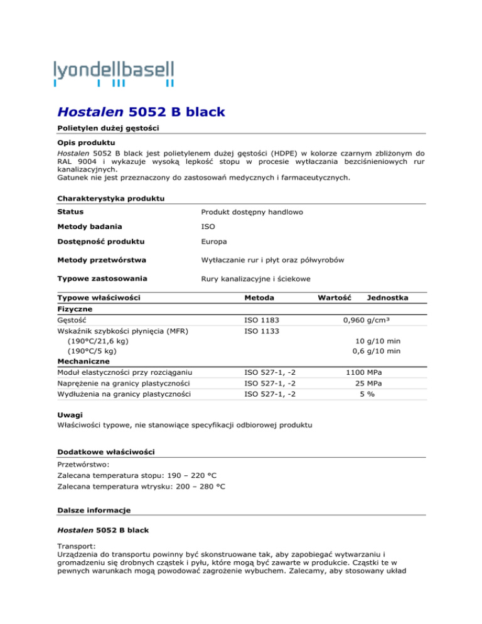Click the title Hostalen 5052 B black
(138, 113)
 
